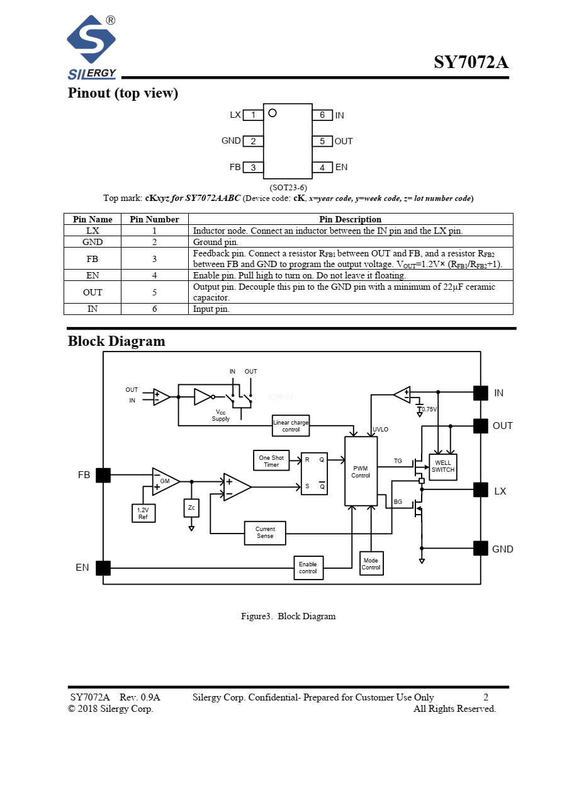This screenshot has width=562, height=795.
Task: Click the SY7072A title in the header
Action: click(471, 62)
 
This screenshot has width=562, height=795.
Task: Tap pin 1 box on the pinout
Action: click(253, 115)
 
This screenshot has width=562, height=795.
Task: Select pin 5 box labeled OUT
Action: click(322, 141)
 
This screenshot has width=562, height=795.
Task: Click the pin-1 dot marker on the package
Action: click(273, 113)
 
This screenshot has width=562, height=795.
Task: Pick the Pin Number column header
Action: click(154, 219)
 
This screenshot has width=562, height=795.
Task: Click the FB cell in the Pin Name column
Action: click(93, 259)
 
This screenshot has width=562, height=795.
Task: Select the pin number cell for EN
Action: click(154, 275)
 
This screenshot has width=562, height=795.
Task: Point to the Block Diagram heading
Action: click(116, 341)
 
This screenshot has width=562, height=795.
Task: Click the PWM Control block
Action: click(361, 471)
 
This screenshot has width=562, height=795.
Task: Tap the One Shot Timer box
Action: click(271, 461)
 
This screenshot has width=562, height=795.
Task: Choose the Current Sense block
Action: click(265, 533)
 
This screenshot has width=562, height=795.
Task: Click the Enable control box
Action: click(308, 568)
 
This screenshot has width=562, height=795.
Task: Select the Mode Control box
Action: click(371, 564)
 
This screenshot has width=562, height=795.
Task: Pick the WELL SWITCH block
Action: click(443, 467)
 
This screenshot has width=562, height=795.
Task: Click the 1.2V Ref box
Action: click(143, 513)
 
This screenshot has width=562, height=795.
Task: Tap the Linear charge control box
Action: click(291, 426)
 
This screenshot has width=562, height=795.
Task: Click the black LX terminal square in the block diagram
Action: click(481, 490)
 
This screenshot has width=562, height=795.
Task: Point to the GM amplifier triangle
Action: click(164, 481)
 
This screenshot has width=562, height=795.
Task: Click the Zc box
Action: click(191, 508)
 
